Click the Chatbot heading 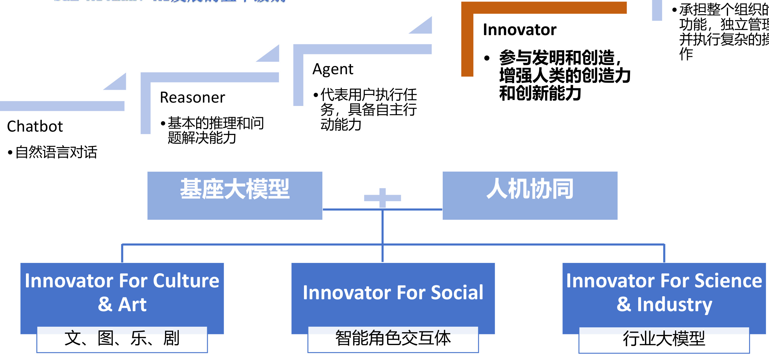click(35, 126)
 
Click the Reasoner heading click(192, 98)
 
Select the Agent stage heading click(333, 69)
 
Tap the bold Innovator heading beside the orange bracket click(520, 30)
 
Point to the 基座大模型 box click(235, 195)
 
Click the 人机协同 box click(530, 195)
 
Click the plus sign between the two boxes click(383, 198)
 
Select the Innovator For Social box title click(393, 293)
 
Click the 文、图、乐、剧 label click(122, 338)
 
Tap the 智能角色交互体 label click(393, 338)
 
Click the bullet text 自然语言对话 click(56, 152)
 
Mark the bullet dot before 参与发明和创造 click(487, 58)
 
